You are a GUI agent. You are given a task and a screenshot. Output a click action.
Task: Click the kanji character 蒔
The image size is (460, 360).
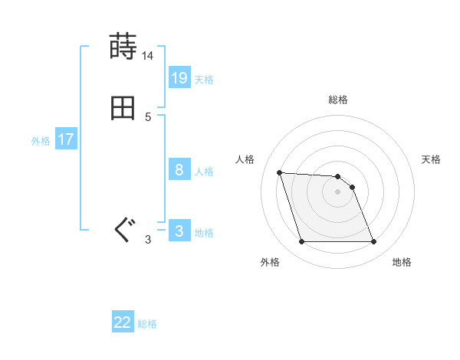coord(123,47)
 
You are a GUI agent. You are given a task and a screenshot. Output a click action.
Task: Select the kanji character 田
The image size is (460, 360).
coord(123,108)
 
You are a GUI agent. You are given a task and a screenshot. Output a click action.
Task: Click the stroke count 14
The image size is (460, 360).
coord(148,56)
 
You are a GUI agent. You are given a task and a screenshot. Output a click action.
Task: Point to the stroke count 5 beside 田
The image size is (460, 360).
coord(148,117)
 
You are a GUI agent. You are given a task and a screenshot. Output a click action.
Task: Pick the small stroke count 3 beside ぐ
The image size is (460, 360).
coord(148,240)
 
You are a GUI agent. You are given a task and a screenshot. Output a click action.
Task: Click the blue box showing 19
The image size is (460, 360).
coord(179,77)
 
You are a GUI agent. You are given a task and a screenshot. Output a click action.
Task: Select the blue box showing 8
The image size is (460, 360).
coord(179,169)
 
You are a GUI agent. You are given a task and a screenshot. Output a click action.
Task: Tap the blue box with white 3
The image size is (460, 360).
coord(179,231)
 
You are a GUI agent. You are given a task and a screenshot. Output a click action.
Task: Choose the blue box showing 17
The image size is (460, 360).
coord(66,139)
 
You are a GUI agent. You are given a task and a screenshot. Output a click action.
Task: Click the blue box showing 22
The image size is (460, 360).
coord(123,322)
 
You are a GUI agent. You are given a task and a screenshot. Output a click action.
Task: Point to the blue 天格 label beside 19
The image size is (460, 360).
coord(204,79)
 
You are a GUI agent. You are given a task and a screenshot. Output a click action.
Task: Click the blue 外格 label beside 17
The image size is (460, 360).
coord(41,141)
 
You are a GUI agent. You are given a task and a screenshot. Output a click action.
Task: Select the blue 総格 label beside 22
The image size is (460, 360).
coord(147,324)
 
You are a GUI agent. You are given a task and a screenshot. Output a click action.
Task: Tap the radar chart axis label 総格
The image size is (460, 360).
coord(338,100)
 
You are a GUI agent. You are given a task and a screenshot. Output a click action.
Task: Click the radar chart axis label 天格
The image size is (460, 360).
coord(431,159)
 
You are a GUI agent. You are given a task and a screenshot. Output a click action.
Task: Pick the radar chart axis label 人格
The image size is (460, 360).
coord(245,159)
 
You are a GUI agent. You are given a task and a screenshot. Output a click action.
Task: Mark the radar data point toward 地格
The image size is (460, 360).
coord(373,242)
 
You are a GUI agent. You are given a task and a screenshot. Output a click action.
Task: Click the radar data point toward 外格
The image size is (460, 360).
coord(301,242)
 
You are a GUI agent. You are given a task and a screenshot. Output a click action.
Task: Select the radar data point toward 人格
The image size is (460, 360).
coord(279,172)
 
